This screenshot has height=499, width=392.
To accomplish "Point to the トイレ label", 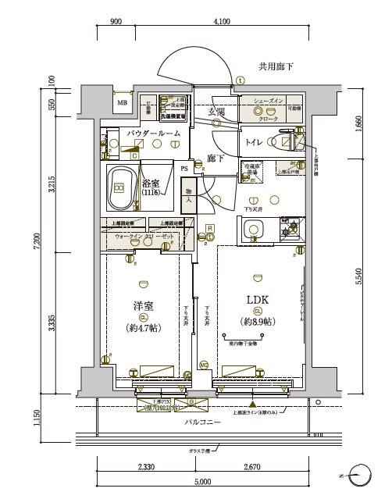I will point(254,141).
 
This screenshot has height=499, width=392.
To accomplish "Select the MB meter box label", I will point(123,102).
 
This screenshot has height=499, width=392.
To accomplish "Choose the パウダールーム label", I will point(154,134).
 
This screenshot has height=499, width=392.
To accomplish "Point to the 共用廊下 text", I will point(276,67).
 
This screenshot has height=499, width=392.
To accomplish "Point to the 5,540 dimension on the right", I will point(358,276).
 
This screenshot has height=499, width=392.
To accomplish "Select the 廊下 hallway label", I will point(216,158).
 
